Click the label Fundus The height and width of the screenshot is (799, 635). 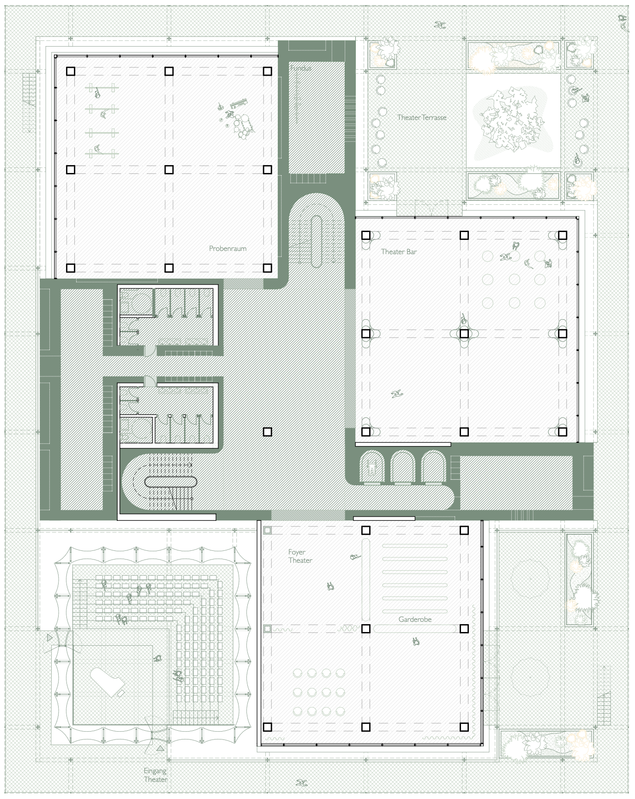tap(301, 68)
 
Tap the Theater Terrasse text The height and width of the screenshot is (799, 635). tap(422, 118)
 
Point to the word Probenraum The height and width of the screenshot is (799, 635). tap(228, 249)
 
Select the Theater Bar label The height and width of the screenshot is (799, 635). tap(399, 252)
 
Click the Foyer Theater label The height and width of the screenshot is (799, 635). tap(300, 556)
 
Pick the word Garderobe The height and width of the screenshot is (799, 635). tap(415, 620)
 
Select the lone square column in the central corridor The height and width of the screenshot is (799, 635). tap(268, 432)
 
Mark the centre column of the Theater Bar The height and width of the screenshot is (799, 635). tap(464, 334)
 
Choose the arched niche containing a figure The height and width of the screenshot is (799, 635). tap(371, 467)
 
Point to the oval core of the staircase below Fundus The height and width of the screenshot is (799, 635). tap(317, 241)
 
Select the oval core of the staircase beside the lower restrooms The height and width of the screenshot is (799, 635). tap(171, 482)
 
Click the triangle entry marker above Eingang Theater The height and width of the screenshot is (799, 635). tap(160, 748)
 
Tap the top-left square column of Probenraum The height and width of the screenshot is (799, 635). tap(71, 71)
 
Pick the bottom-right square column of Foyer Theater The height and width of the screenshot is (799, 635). tap(464, 727)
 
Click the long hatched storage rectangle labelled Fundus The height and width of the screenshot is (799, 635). tap(317, 118)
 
